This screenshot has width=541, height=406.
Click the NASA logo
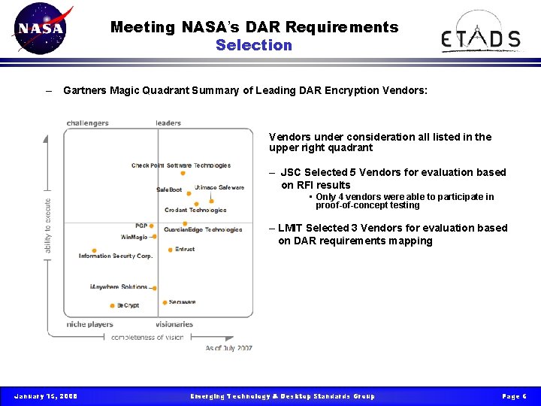click(x=41, y=29)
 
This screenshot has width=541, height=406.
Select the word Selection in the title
click(x=254, y=45)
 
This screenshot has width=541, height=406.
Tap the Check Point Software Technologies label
click(x=181, y=165)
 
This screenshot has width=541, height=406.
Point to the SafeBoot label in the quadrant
click(x=169, y=189)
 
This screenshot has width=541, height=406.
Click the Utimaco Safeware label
click(x=219, y=187)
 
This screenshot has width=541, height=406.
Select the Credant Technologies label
click(x=195, y=210)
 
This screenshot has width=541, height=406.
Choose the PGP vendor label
click(x=141, y=226)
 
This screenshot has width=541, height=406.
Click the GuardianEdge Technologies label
click(x=203, y=229)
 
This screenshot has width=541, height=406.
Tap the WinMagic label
click(x=134, y=237)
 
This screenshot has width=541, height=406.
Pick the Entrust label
click(x=185, y=249)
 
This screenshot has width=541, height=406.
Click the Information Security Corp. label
click(x=116, y=256)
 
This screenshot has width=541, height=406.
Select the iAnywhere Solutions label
click(x=119, y=287)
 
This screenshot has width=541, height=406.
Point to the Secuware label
click(x=182, y=302)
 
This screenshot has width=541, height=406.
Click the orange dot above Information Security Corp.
click(x=94, y=250)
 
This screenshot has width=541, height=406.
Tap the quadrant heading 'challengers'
click(x=87, y=123)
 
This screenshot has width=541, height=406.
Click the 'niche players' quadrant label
click(x=89, y=325)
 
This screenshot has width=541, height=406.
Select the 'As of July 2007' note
click(x=229, y=348)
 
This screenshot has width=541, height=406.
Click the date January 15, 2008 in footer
click(x=45, y=396)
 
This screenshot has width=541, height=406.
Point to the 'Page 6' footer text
click(x=514, y=396)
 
